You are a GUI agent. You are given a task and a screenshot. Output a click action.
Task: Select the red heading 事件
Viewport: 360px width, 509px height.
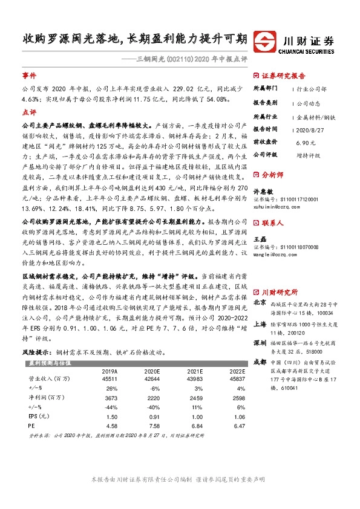pos(29,77)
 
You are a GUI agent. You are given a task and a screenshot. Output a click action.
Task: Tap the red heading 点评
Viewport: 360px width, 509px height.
pos(29,112)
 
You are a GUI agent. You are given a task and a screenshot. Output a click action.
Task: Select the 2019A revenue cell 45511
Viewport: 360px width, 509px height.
pos(110,379)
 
